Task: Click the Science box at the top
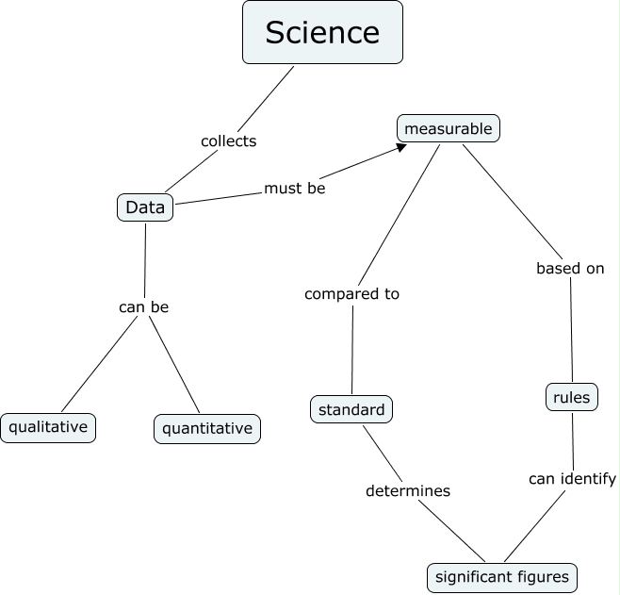point(322,33)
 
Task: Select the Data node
point(145,207)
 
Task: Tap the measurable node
point(449,127)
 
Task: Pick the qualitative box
point(48,427)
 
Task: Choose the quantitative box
point(207,429)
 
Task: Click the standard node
point(351,409)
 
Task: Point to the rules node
point(572,398)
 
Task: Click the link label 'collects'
point(228,140)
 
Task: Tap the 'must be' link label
point(294,188)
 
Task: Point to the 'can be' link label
point(143,306)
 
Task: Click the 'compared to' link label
point(351,293)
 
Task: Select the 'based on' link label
point(570,268)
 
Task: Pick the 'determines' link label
point(408,490)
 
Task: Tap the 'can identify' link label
point(572,478)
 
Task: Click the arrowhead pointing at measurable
point(401,147)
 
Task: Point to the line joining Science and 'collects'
point(269,94)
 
